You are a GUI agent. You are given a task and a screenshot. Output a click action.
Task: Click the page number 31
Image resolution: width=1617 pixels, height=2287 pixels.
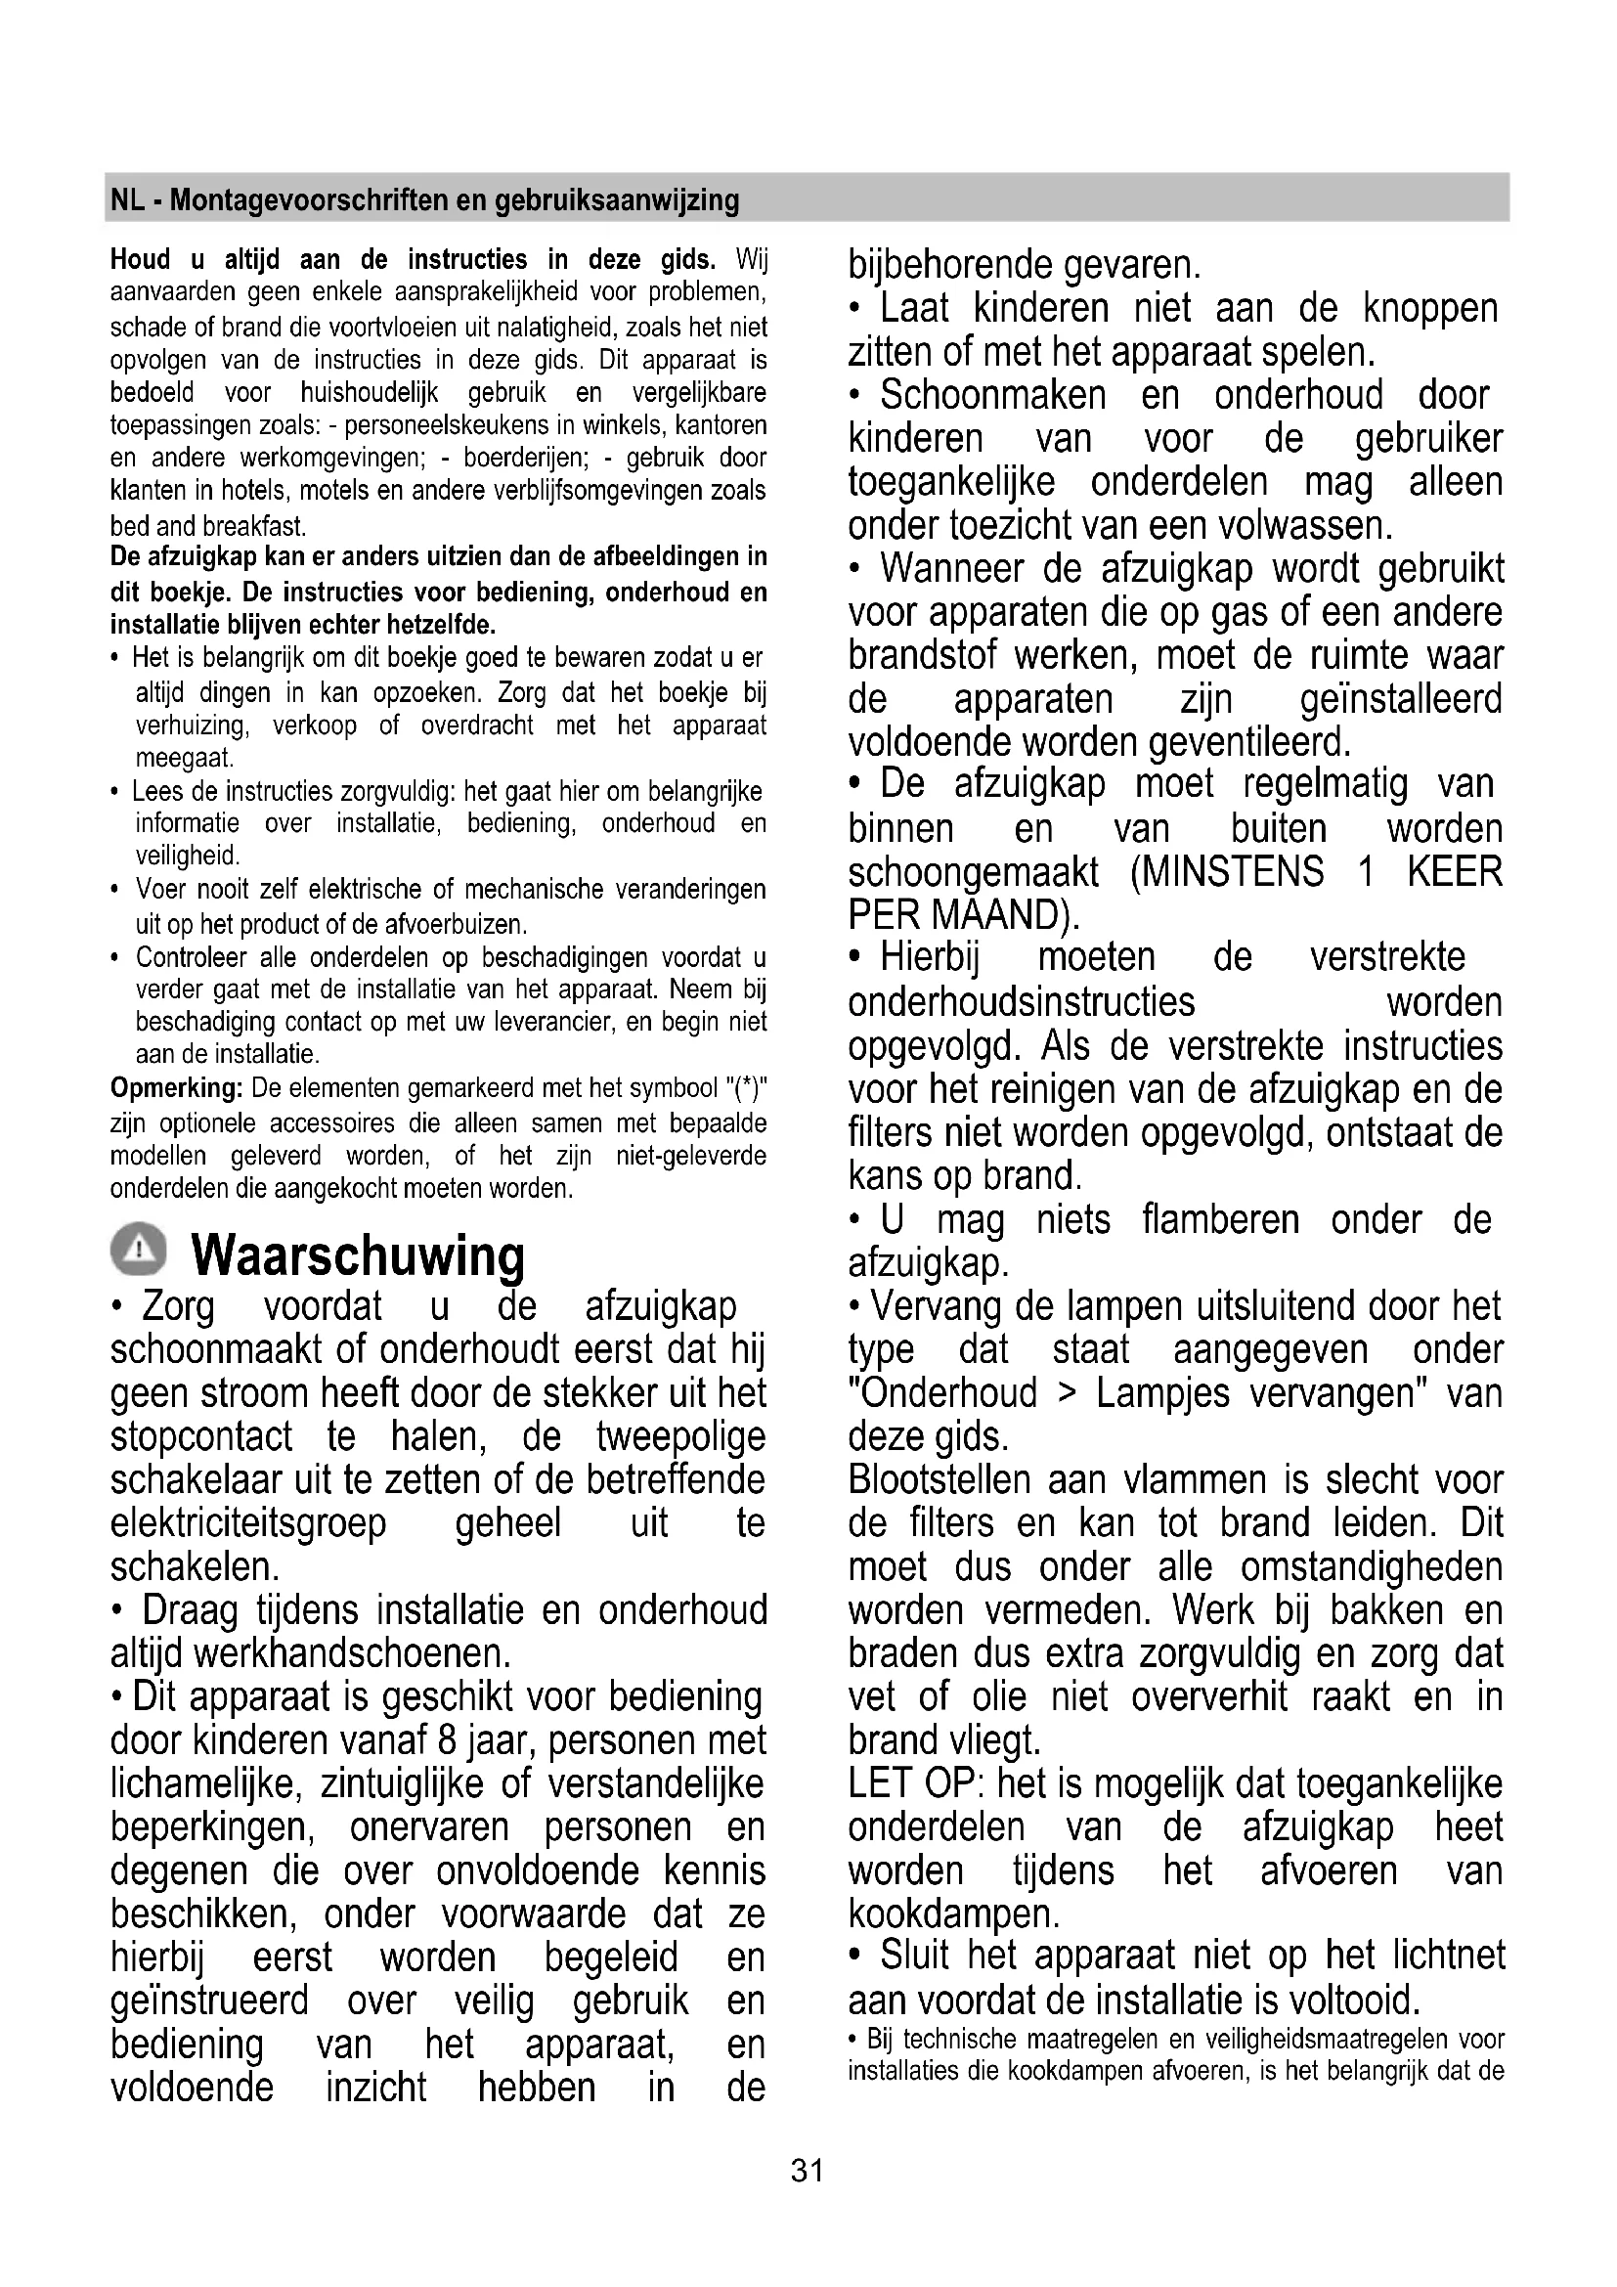pyautogui.click(x=807, y=2171)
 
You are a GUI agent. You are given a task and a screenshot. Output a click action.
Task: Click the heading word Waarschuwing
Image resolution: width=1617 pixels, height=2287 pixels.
pyautogui.click(x=358, y=1255)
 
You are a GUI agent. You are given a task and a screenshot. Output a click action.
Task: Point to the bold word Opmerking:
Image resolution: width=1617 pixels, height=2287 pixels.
pyautogui.click(x=176, y=1088)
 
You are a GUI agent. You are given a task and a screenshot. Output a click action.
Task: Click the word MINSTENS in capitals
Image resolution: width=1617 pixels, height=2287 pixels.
pyautogui.click(x=1227, y=872)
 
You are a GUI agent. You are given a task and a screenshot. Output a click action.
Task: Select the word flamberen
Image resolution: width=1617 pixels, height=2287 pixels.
pyautogui.click(x=1220, y=1219)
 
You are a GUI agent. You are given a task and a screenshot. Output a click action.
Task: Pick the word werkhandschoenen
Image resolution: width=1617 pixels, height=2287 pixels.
pyautogui.click(x=352, y=1653)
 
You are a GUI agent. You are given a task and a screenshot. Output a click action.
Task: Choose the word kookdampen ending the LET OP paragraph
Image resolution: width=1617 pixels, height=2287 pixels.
pyautogui.click(x=953, y=1913)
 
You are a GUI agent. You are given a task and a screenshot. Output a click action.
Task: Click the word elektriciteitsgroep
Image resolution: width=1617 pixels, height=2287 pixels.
pyautogui.click(x=248, y=1523)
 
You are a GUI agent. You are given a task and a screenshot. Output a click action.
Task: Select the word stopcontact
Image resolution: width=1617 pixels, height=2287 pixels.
pyautogui.click(x=201, y=1436)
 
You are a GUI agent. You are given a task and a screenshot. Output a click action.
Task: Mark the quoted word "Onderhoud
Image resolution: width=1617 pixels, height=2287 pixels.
pyautogui.click(x=941, y=1392)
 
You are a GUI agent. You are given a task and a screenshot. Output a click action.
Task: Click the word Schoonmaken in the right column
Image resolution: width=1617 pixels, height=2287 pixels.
pyautogui.click(x=992, y=395)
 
